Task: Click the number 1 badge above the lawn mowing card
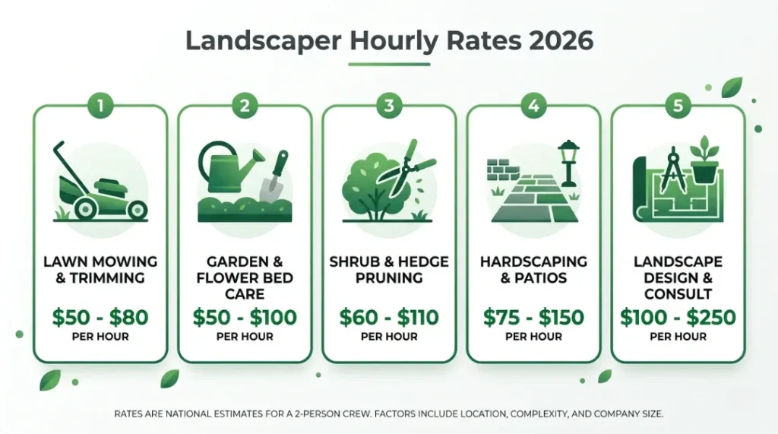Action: pos(100,106)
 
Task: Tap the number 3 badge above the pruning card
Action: pos(389,106)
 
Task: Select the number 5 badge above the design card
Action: pos(678,106)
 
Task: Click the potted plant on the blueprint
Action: pos(706,160)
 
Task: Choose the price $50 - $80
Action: pos(100,316)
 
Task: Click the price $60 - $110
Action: pos(389,316)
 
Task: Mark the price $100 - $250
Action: pos(678,316)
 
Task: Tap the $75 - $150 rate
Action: pos(533,316)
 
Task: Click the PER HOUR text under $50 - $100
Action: pos(245,337)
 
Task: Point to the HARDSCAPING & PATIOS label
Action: pos(533,269)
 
